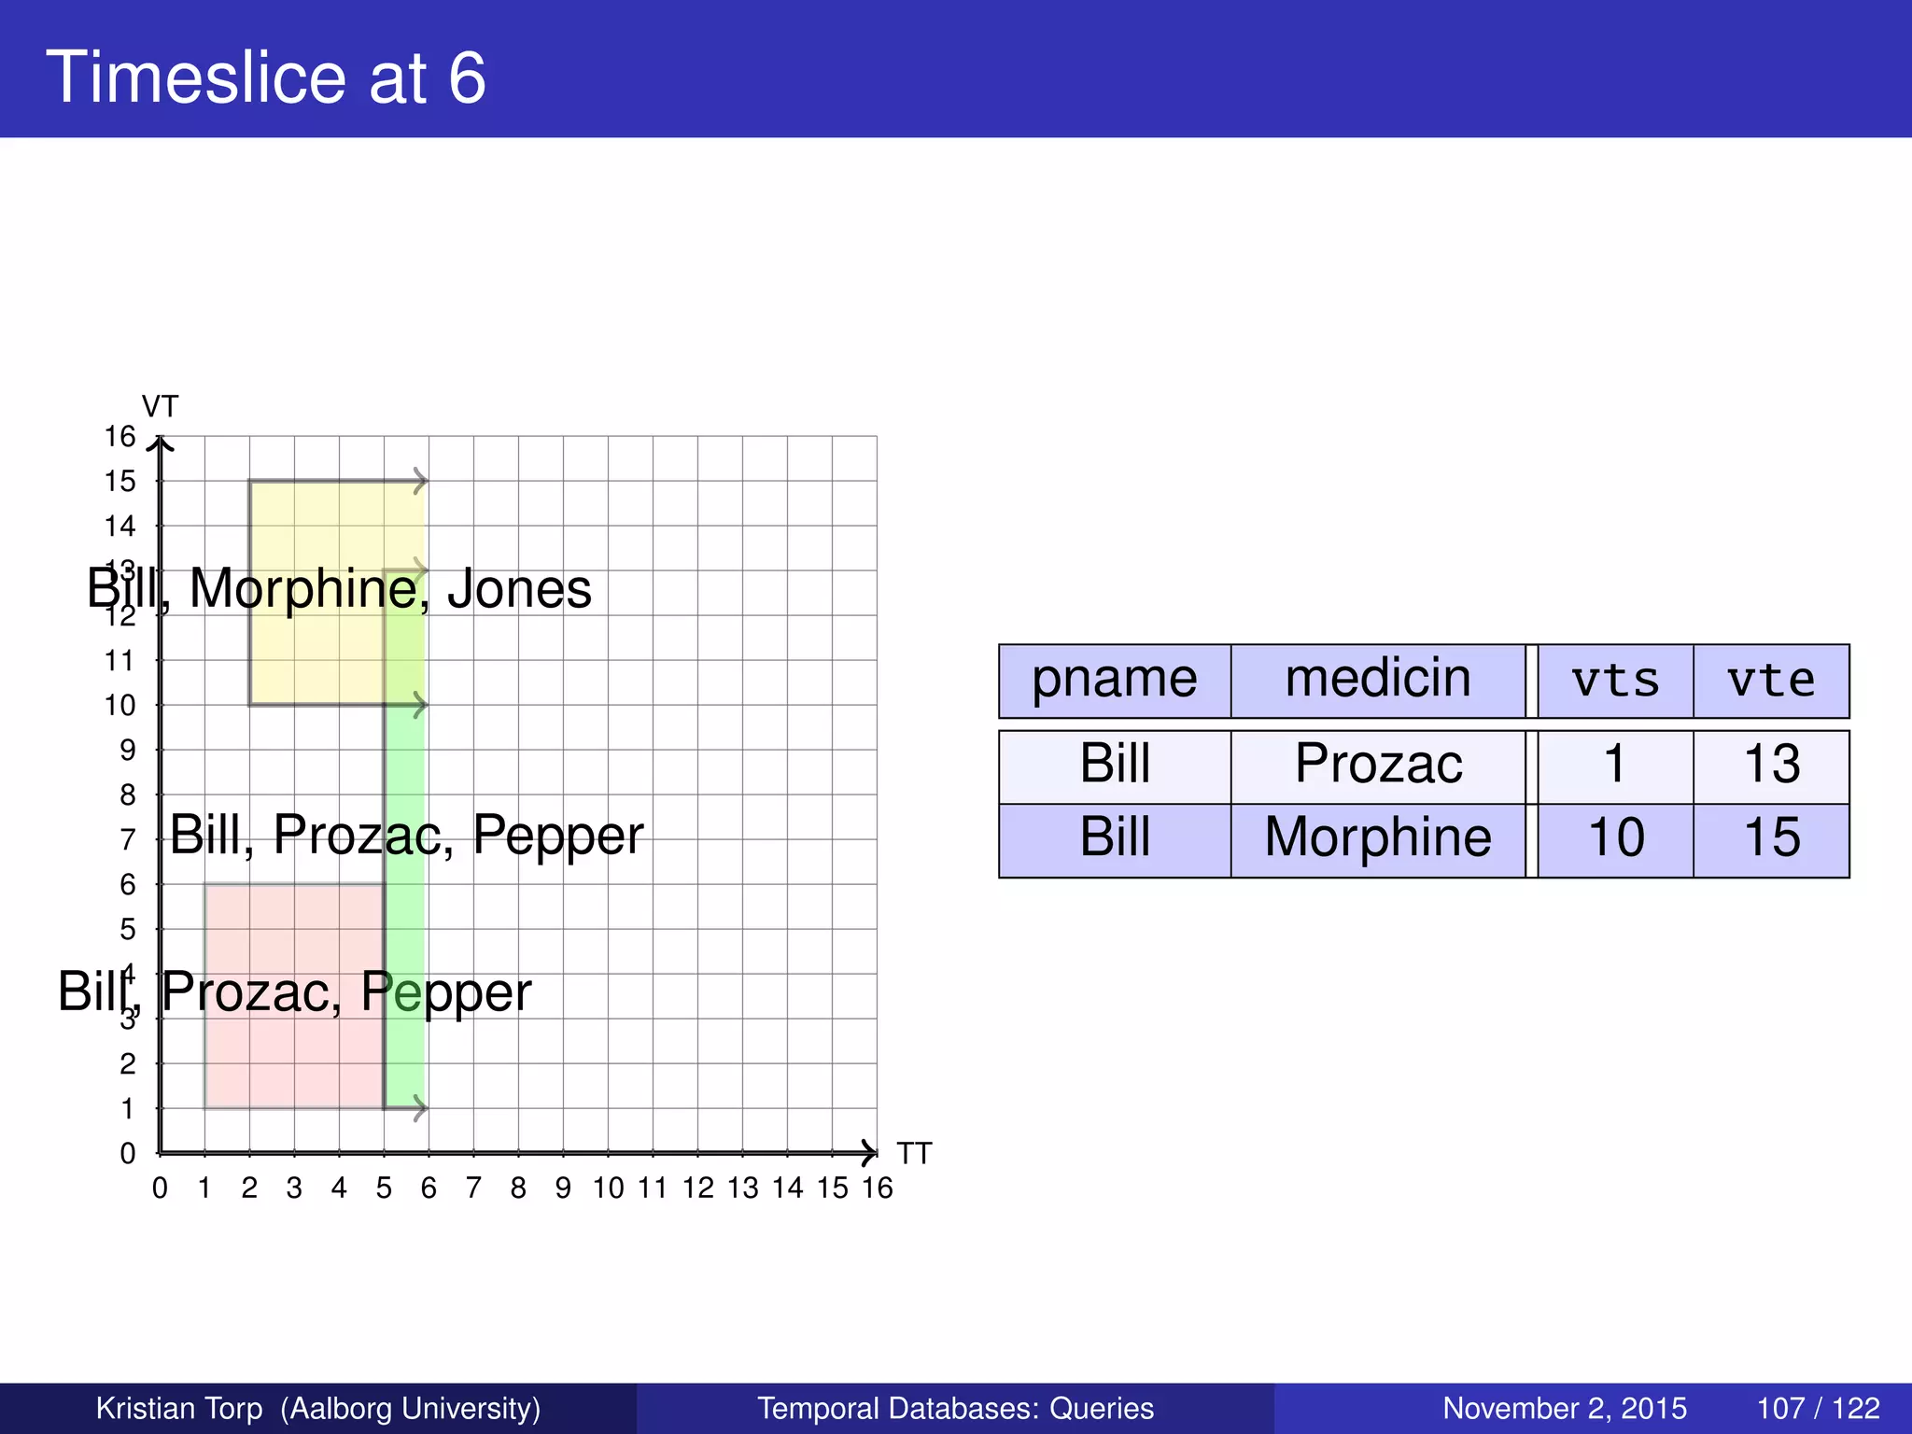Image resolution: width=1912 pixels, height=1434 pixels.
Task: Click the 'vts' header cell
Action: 1615,681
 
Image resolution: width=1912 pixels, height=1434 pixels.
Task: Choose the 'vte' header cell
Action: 1771,681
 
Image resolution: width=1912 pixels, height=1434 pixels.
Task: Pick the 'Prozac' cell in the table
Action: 1378,764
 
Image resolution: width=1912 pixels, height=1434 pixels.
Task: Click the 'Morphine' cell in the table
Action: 1378,837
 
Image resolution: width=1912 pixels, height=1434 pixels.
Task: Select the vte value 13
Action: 1771,764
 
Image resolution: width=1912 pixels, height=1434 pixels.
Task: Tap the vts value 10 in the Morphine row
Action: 1615,837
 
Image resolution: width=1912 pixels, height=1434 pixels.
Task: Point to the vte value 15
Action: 1771,837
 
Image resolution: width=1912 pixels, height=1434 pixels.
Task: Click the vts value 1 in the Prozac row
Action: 1615,764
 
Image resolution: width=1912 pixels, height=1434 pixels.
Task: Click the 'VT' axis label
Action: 160,407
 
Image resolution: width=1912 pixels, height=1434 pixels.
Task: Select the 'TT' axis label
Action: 914,1154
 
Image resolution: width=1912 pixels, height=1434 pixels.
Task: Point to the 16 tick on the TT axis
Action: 877,1188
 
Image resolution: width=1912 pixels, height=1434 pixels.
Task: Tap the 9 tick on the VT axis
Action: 128,750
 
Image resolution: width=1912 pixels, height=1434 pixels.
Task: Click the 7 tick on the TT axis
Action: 473,1188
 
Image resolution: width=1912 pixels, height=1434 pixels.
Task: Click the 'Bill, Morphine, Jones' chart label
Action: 339,589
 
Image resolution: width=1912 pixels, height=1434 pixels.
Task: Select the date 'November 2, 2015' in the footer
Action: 1565,1408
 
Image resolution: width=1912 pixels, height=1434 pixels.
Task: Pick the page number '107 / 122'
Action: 1818,1408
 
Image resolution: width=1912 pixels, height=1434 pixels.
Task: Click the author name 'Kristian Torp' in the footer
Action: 179,1408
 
